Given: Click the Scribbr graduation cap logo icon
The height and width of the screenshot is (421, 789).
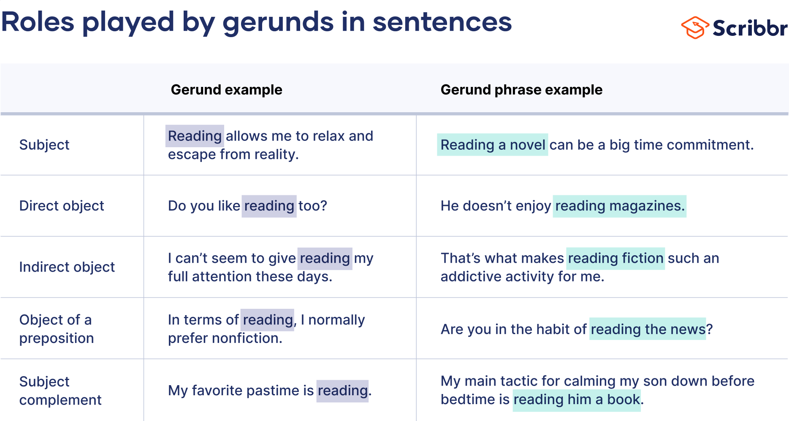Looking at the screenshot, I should pos(694,28).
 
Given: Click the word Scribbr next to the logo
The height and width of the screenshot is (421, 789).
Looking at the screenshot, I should pos(750,28).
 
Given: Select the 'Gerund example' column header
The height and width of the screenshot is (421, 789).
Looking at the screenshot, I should pos(226,90).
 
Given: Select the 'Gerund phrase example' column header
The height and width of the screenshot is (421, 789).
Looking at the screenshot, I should pos(521,90).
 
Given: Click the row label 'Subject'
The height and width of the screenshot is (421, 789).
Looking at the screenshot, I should pos(44,145).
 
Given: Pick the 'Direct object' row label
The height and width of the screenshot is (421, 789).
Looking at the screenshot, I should pos(62,206).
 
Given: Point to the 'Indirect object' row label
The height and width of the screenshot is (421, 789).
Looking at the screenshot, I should pos(67,267).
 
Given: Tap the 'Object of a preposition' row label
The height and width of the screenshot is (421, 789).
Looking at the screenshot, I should pos(56,329).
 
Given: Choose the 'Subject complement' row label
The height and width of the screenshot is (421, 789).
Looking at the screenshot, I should pos(60,390).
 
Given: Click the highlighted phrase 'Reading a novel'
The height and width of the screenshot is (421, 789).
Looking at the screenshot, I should pos(493,145).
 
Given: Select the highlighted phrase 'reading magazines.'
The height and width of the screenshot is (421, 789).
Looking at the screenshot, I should pos(619,206).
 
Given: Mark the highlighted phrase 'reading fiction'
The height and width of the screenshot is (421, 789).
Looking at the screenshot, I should pos(615,258).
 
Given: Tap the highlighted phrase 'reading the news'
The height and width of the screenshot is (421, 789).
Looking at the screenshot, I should pos(648,329).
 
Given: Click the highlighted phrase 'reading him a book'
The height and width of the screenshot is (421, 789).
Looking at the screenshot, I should pos(577,399).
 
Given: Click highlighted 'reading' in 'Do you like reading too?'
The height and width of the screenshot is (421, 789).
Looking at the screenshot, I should pos(269,206).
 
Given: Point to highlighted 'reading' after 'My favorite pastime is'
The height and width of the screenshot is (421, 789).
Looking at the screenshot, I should pos(342,391).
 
